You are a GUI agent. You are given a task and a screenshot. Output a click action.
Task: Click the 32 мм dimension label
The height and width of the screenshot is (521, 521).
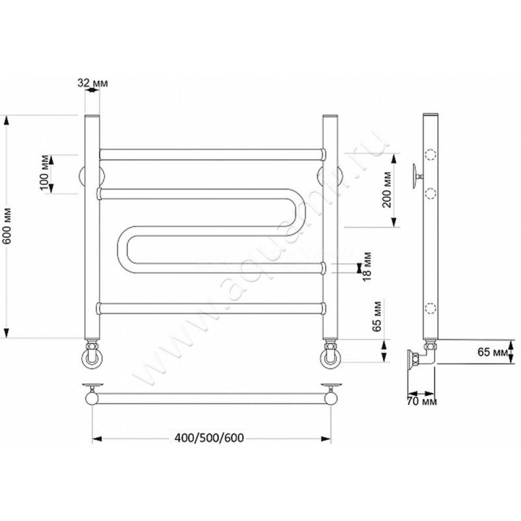tap(92, 83)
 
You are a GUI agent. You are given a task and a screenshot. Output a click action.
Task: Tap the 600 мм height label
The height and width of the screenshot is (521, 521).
tap(7, 226)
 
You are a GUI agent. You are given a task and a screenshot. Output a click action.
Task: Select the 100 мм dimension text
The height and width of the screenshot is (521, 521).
tap(44, 173)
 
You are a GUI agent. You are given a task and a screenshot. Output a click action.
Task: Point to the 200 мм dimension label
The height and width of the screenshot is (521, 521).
tap(386, 190)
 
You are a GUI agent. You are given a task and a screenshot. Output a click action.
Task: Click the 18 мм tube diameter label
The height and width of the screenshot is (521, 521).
tap(367, 266)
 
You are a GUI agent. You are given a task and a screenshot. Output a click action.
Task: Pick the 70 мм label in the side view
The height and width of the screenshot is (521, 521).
tap(421, 401)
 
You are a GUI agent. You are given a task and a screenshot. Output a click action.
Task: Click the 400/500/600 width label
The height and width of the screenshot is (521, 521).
tap(209, 438)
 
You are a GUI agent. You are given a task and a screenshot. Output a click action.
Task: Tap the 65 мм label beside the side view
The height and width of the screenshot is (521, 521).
tap(493, 352)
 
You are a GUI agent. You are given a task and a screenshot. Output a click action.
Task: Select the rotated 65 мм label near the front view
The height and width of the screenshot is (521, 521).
tap(377, 317)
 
